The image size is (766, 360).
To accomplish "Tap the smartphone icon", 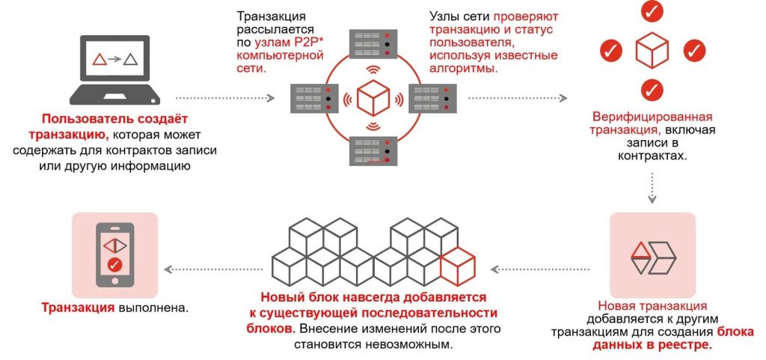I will click(x=114, y=254).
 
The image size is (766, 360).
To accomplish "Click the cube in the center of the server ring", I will click(x=373, y=97).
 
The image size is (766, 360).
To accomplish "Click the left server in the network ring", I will click(x=315, y=97).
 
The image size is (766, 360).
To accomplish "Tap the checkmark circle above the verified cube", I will click(x=652, y=12).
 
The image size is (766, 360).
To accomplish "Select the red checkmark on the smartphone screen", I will click(x=114, y=264).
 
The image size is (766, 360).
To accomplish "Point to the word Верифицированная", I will click(x=652, y=118).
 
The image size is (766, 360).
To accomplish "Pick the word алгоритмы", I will click(x=464, y=68).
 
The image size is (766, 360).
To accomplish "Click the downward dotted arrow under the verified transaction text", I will click(x=652, y=187).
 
